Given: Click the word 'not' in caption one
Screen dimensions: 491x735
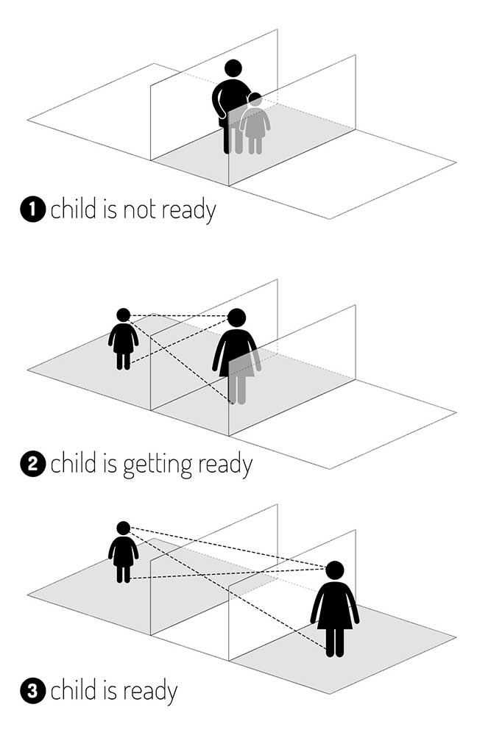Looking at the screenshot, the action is point(139,210).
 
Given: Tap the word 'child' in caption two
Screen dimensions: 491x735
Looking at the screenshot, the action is point(74,462).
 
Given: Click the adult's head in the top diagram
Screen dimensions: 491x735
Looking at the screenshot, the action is point(233,68).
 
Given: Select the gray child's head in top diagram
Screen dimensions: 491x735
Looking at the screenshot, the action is point(255,99).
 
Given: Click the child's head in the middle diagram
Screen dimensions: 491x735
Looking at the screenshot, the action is point(124,315).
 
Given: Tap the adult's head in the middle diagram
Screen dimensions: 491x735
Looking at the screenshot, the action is point(236,318).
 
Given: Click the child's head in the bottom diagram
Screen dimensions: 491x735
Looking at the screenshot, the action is point(124,528).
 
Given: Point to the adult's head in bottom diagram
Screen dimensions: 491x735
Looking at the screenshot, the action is point(335,570).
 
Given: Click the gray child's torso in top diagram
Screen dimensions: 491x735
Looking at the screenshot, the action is point(255,123).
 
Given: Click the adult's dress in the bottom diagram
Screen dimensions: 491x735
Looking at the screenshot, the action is point(335,606).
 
